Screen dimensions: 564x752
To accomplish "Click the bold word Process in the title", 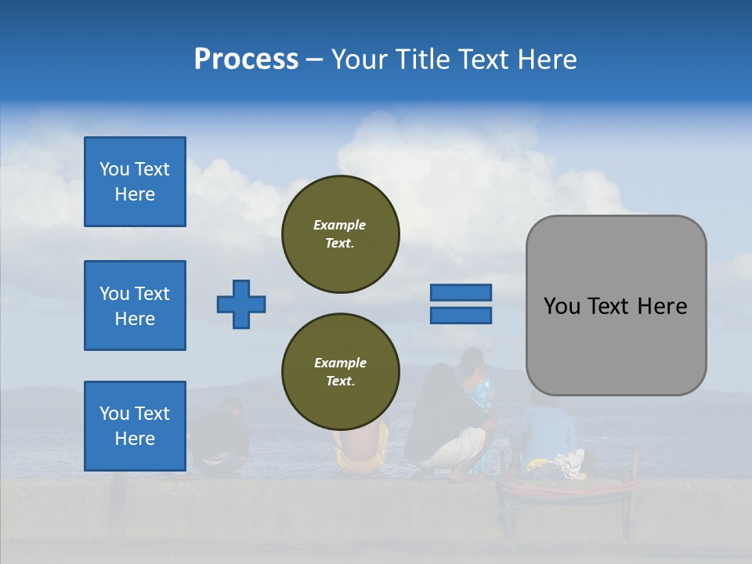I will (x=246, y=60).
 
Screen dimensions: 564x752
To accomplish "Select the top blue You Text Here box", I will (x=135, y=182).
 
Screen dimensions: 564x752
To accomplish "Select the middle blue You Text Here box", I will (x=135, y=305).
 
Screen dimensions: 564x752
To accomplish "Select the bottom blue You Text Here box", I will (x=135, y=426).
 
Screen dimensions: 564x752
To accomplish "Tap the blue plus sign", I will (x=241, y=304).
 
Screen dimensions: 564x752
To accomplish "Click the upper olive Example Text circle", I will (x=341, y=234).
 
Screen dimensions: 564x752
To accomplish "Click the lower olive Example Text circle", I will (x=341, y=372).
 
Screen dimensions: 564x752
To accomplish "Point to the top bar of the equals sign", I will (x=461, y=293).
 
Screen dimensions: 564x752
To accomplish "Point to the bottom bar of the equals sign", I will (x=461, y=316).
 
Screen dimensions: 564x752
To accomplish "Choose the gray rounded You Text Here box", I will (x=616, y=305).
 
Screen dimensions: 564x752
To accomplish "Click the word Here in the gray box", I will (x=662, y=306).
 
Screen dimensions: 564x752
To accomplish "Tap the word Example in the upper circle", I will (x=340, y=225).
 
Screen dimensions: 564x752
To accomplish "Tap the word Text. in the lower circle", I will (x=340, y=381).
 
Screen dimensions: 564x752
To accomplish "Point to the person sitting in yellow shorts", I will (x=360, y=450).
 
